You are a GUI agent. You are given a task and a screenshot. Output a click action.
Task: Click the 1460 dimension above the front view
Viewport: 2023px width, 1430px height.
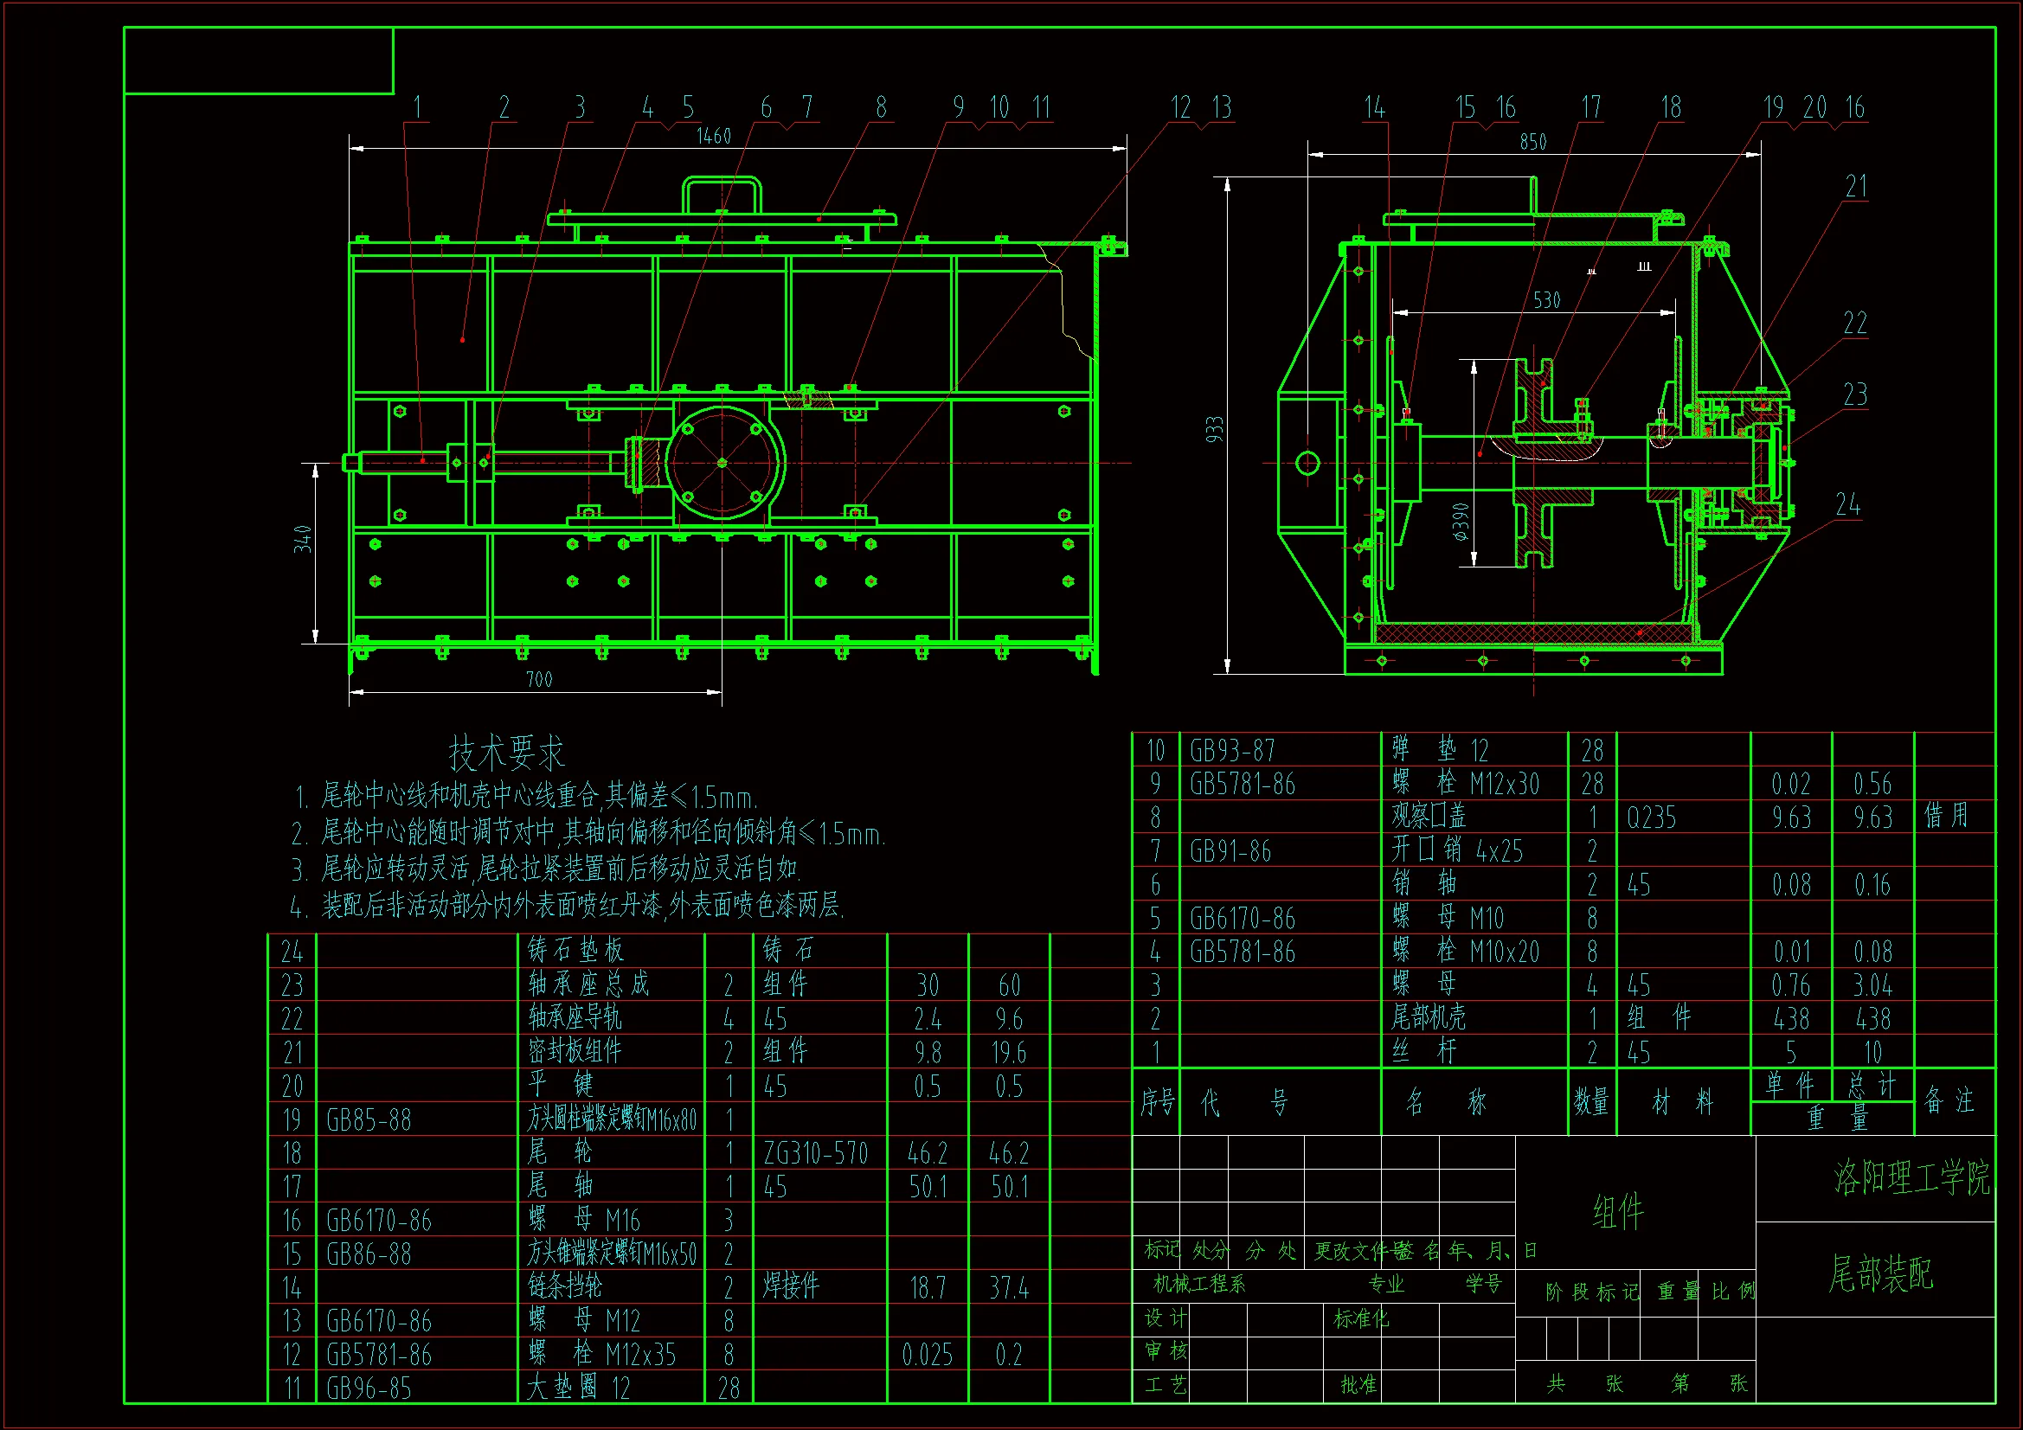click(713, 137)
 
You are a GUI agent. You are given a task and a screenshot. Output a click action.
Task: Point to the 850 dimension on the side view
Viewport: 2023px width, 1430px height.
click(1532, 142)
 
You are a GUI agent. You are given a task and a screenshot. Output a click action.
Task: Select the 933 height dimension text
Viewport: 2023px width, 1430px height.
click(1215, 429)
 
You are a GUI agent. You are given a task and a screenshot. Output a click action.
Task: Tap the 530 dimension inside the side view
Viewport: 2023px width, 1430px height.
click(1546, 300)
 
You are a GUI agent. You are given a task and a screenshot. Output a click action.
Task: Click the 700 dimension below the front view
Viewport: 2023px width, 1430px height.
click(539, 679)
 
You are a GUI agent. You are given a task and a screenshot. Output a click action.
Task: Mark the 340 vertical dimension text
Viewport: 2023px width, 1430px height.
click(303, 538)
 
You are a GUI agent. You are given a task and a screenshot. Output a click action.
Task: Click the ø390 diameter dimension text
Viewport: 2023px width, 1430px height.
click(1460, 522)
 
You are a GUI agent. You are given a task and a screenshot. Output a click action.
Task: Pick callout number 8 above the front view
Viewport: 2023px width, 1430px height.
click(880, 107)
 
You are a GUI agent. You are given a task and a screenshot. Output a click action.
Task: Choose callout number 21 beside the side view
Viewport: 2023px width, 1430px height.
click(1856, 186)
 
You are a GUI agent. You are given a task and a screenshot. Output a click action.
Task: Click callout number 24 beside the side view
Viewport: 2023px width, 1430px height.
click(1847, 505)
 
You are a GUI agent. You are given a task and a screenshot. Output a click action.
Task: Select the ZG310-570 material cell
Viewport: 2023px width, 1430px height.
click(815, 1153)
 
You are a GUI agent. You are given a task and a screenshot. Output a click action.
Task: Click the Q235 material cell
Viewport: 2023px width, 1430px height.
click(1651, 818)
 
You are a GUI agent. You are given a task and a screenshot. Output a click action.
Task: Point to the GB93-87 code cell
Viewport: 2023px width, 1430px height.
click(1232, 751)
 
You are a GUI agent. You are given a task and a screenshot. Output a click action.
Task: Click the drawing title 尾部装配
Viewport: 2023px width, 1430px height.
click(1880, 1273)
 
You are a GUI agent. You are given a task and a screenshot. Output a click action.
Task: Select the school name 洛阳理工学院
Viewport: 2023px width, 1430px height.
click(1911, 1177)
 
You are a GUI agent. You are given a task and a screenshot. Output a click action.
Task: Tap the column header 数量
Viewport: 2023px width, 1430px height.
click(1591, 1101)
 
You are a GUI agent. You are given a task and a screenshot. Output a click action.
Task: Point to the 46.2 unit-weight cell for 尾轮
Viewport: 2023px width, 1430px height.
click(927, 1153)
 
